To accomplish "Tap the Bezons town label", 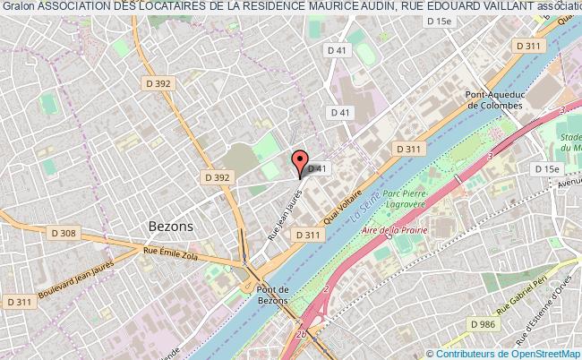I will click(170, 227).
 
